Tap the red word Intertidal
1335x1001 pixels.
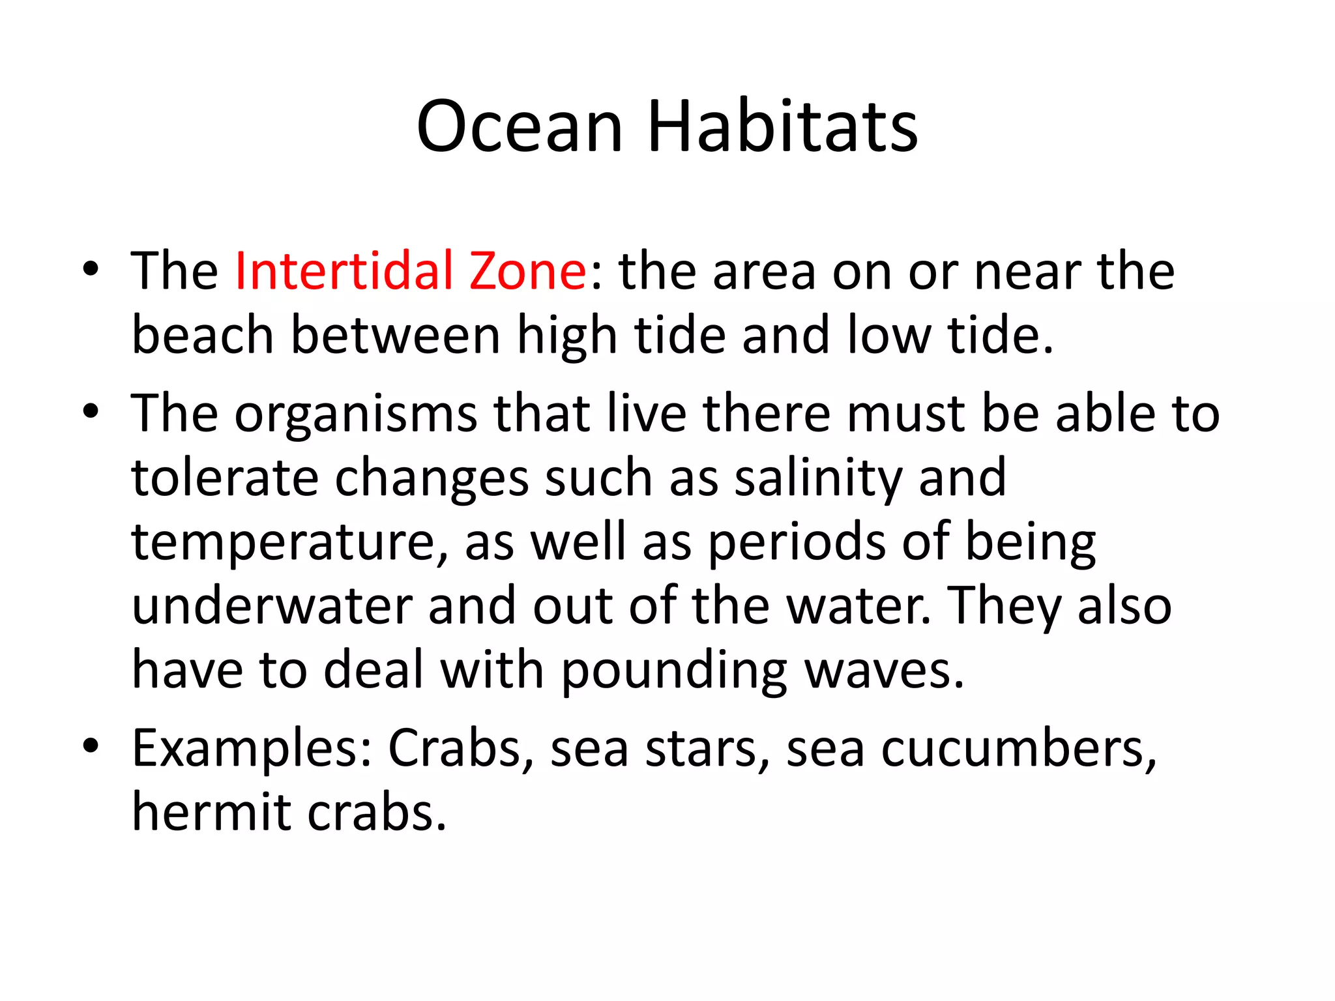(x=344, y=270)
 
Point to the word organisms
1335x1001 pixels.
(x=356, y=415)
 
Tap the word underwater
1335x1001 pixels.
(x=272, y=606)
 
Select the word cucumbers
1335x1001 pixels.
(x=1018, y=749)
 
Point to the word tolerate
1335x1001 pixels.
(x=225, y=478)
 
